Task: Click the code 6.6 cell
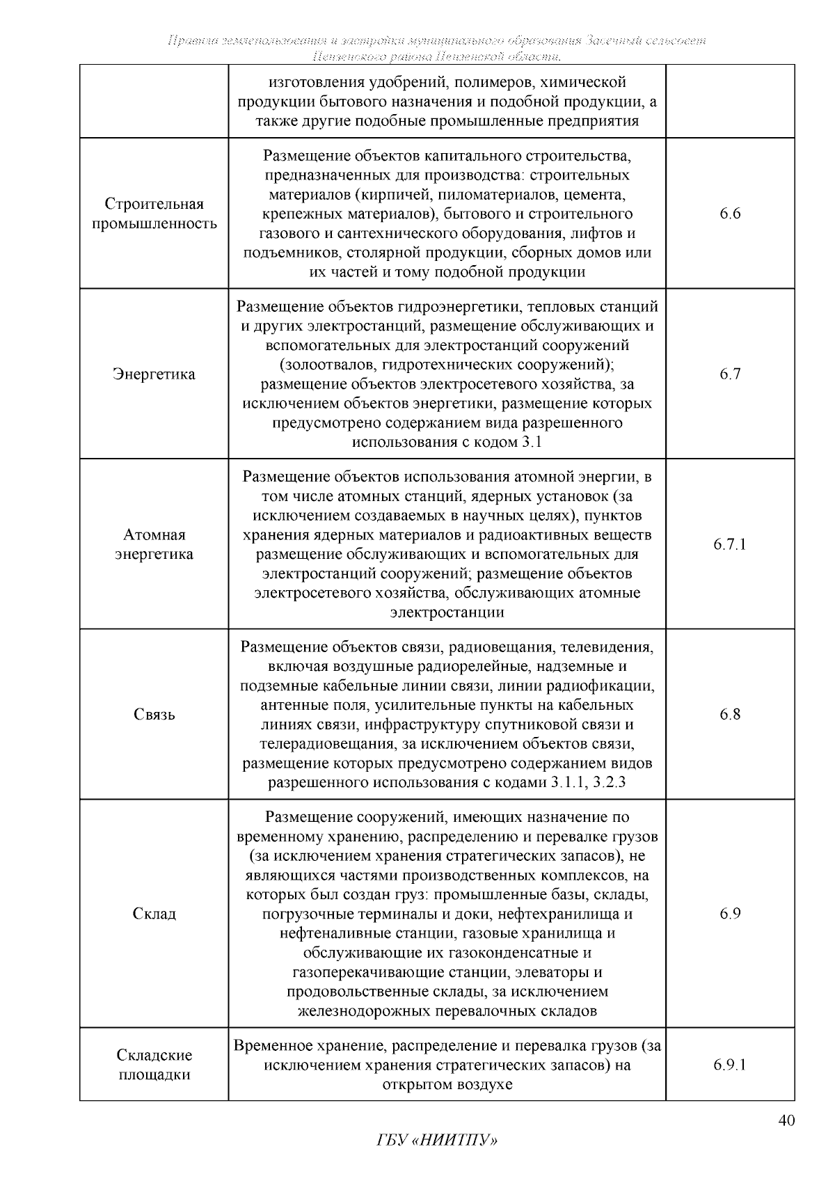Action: tap(730, 214)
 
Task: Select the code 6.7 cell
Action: tap(730, 374)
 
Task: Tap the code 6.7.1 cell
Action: tap(730, 544)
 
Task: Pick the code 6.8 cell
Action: tap(730, 715)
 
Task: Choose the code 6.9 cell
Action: tap(730, 913)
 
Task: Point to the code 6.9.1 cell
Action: tap(730, 1065)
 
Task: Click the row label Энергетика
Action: tap(154, 374)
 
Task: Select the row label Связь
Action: tap(154, 715)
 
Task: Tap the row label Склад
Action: tap(154, 913)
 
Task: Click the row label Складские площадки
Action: tap(154, 1065)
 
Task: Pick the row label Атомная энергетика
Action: tap(154, 544)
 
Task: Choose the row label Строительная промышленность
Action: tap(154, 214)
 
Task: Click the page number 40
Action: tap(786, 1120)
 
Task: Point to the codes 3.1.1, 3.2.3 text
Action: tap(588, 783)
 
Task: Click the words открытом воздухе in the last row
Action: tap(447, 1084)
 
